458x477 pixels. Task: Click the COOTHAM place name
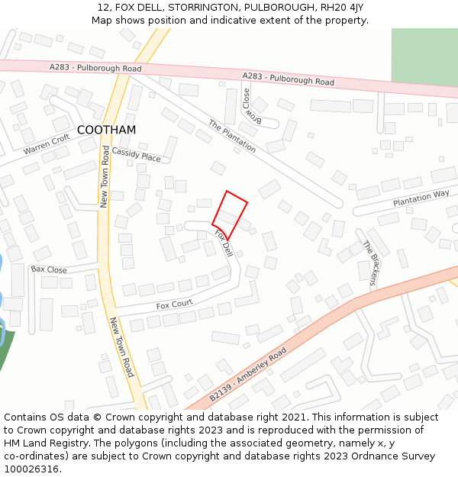tap(107, 131)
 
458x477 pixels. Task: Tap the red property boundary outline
tap(230, 215)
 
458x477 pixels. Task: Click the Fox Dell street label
tap(223, 243)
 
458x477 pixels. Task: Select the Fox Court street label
tap(174, 306)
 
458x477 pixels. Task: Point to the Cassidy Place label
tap(137, 155)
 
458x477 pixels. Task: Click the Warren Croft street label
tap(47, 143)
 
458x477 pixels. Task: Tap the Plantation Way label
tap(421, 199)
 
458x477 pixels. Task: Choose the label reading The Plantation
tap(232, 137)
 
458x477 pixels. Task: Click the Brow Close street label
tap(251, 107)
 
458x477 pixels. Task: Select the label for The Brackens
tap(369, 263)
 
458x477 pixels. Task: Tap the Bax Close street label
tap(49, 270)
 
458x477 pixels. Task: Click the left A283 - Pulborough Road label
tap(95, 69)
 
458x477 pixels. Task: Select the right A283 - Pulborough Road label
tap(288, 79)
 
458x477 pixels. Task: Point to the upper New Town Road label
tap(105, 177)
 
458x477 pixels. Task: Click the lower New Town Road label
tap(122, 347)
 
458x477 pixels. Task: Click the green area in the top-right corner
tap(424, 56)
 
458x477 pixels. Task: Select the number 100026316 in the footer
tap(31, 469)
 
